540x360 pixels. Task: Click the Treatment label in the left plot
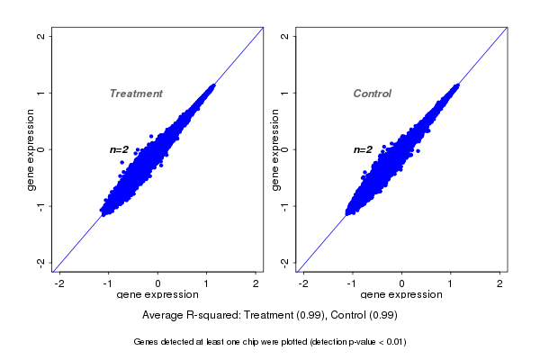click(x=136, y=94)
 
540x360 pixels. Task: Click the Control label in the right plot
click(x=373, y=94)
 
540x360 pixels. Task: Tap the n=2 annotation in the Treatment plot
click(x=120, y=149)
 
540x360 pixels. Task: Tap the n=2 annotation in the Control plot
click(x=364, y=149)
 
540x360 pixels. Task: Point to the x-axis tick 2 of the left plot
click(x=256, y=283)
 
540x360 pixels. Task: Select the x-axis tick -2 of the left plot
click(x=59, y=283)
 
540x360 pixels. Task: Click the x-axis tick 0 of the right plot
click(x=402, y=283)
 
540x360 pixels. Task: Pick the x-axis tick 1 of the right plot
click(x=451, y=283)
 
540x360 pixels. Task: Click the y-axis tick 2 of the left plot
click(x=41, y=36)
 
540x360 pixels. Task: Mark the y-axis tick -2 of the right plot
click(x=285, y=262)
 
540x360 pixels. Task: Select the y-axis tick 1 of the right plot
click(x=285, y=93)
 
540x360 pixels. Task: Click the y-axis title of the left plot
click(x=31, y=149)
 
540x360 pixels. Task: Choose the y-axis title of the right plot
click(x=275, y=149)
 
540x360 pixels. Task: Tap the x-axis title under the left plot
click(x=157, y=295)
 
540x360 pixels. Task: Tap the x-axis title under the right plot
click(x=401, y=295)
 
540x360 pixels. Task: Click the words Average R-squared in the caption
click(x=184, y=316)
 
